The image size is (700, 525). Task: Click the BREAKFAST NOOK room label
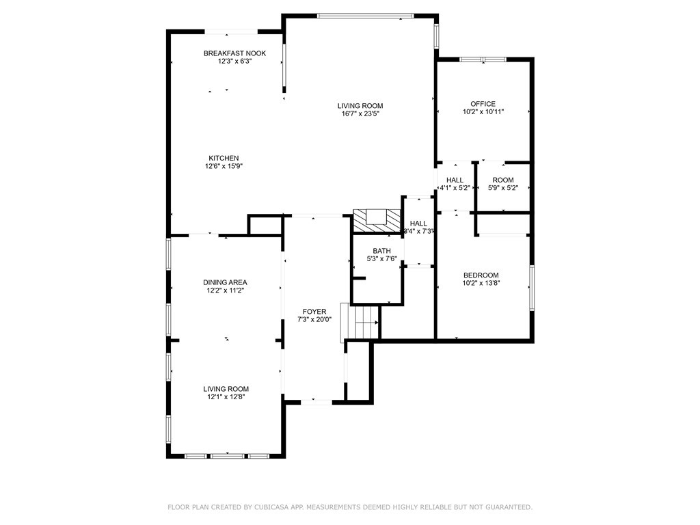pyautogui.click(x=234, y=53)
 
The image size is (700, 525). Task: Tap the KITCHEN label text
pyautogui.click(x=224, y=158)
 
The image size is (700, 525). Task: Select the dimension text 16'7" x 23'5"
pyautogui.click(x=360, y=114)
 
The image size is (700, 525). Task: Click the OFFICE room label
pyautogui.click(x=483, y=104)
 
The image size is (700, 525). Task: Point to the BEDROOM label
pyautogui.click(x=481, y=275)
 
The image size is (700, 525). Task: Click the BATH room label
pyautogui.click(x=381, y=251)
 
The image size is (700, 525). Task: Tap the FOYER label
pyautogui.click(x=314, y=312)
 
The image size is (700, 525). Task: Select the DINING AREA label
pyautogui.click(x=225, y=282)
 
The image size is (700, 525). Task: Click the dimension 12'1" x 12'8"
pyautogui.click(x=225, y=396)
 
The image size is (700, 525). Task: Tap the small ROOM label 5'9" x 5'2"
pyautogui.click(x=502, y=180)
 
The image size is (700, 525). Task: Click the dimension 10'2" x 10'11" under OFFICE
pyautogui.click(x=483, y=112)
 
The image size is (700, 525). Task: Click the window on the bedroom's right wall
pyautogui.click(x=532, y=287)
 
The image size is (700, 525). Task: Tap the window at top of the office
pyautogui.click(x=483, y=60)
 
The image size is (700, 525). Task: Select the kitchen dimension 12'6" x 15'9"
pyautogui.click(x=224, y=166)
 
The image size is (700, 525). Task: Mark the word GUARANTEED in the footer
pyautogui.click(x=506, y=507)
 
